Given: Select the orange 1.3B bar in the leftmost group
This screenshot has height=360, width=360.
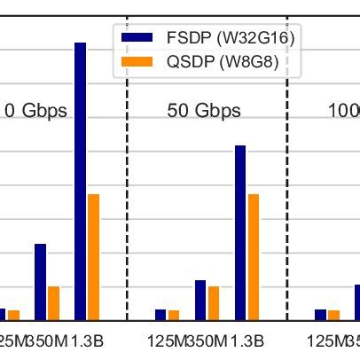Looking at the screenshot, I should [93, 257].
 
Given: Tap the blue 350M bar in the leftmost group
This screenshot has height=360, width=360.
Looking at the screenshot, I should [40, 282].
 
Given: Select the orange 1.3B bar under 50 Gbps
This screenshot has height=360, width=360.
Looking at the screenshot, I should [254, 257].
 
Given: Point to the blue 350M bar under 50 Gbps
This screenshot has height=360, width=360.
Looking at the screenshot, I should [200, 300].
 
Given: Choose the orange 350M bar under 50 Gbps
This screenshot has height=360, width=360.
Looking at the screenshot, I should [214, 303].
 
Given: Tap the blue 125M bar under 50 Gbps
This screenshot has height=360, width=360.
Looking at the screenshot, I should [160, 315].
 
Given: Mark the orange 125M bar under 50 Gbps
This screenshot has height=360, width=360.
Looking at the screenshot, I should [174, 315].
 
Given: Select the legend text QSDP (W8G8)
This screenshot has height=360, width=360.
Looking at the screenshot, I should [216, 62].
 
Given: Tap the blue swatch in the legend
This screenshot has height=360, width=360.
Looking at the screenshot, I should [139, 38].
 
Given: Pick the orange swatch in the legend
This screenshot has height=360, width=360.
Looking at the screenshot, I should [139, 62].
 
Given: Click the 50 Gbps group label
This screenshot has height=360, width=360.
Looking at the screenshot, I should [204, 111].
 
